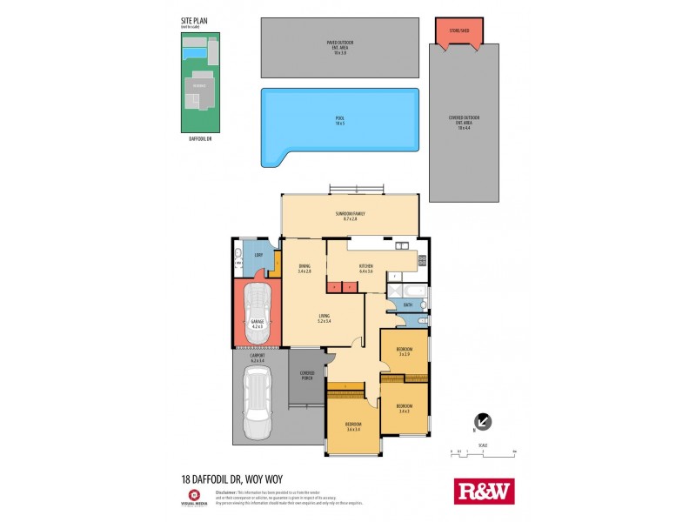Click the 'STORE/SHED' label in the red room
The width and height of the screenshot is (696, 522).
coord(459,32)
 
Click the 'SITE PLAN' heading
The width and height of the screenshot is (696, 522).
coord(192,20)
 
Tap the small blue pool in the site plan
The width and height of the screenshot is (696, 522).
coord(195,54)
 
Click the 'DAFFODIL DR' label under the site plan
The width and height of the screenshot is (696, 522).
coord(200,137)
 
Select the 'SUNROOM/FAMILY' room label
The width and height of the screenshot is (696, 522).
coord(350,216)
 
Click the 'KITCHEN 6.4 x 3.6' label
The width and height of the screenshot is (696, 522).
coord(365,269)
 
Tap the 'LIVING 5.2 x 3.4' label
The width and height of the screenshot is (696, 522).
coord(325,318)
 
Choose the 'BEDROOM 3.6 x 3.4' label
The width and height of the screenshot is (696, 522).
coord(352,426)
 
